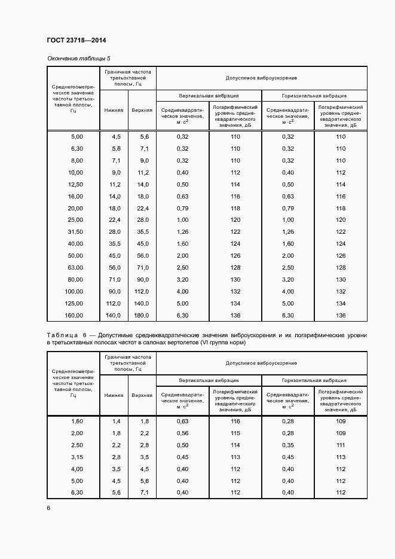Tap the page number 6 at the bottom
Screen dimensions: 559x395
click(x=48, y=508)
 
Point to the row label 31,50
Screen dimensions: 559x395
click(x=75, y=232)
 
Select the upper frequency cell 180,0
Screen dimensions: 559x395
click(x=140, y=315)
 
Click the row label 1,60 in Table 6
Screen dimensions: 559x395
click(x=77, y=421)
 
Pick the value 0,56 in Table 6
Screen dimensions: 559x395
click(x=182, y=433)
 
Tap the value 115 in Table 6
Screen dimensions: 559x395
click(x=235, y=433)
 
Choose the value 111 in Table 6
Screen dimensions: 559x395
click(x=341, y=445)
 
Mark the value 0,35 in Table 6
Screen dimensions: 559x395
click(x=287, y=445)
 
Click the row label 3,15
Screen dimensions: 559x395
click(x=77, y=457)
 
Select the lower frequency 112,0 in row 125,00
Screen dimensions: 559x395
click(x=114, y=303)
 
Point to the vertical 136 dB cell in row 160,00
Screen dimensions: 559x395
click(x=235, y=315)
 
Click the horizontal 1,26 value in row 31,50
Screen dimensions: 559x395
click(x=287, y=232)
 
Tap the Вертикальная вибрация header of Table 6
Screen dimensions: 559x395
click(x=209, y=380)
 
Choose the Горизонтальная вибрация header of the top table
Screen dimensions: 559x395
click(x=314, y=95)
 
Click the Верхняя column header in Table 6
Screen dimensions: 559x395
click(x=142, y=395)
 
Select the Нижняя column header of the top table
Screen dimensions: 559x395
click(x=114, y=110)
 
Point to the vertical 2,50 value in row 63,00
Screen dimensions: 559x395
click(x=182, y=267)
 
